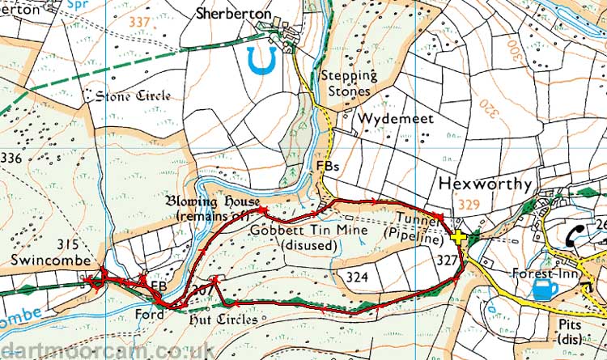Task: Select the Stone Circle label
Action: pyautogui.click(x=134, y=96)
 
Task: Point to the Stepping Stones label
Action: pyautogui.click(x=349, y=83)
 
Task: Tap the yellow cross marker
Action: pyautogui.click(x=459, y=237)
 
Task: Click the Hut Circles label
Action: pyautogui.click(x=225, y=320)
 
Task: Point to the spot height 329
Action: pyautogui.click(x=469, y=206)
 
